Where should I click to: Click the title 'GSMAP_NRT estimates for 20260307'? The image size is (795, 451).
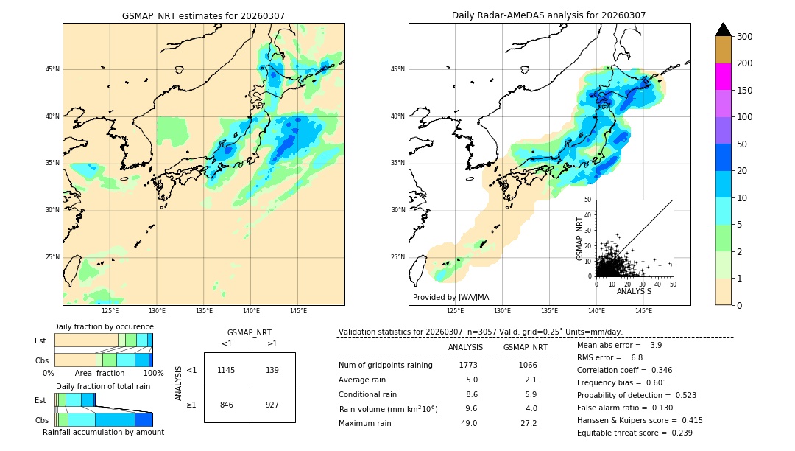203,16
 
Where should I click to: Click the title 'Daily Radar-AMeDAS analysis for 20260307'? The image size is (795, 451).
548,15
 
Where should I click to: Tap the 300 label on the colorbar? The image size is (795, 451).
745,37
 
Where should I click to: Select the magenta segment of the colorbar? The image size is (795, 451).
723,77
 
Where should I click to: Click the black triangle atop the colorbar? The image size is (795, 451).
723,29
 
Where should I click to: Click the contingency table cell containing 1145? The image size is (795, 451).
227,370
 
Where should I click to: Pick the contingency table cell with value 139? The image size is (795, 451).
272,370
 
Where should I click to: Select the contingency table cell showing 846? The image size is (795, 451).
227,405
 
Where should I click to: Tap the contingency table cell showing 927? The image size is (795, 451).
272,405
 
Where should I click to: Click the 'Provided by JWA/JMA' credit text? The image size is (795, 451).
451,298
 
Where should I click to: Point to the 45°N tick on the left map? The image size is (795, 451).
52,69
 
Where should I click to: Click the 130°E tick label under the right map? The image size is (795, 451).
502,311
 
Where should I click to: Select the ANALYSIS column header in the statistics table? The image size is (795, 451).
465,347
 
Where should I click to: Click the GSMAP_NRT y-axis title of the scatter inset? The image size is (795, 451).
579,237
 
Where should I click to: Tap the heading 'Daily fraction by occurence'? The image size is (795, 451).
103,326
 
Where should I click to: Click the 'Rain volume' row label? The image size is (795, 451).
388,409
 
